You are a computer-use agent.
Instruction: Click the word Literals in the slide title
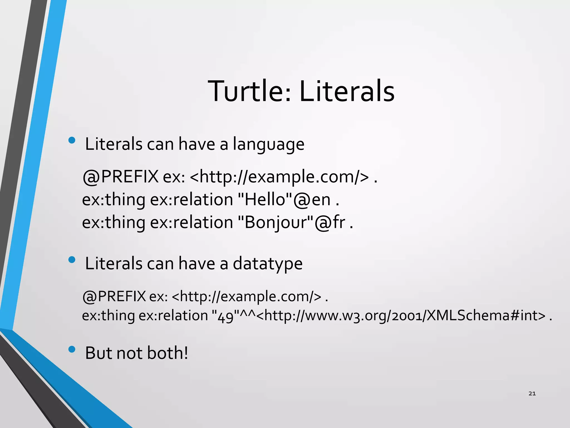click(x=347, y=91)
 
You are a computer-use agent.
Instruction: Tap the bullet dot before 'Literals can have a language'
click(x=72, y=140)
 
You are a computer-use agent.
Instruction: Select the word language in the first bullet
click(x=268, y=144)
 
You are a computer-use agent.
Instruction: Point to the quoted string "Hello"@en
click(x=284, y=200)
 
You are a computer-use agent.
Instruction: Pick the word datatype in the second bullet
click(x=267, y=264)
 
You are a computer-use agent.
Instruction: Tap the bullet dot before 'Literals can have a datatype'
click(x=72, y=260)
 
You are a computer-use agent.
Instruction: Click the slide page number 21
click(x=532, y=393)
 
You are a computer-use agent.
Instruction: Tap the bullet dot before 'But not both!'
click(x=72, y=349)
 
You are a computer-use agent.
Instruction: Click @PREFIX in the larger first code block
click(x=121, y=177)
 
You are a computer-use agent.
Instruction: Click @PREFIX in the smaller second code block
click(x=114, y=296)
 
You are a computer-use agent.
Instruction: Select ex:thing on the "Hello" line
click(x=114, y=200)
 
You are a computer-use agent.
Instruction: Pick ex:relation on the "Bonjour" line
click(x=191, y=222)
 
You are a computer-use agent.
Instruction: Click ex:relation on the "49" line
click(x=173, y=316)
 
